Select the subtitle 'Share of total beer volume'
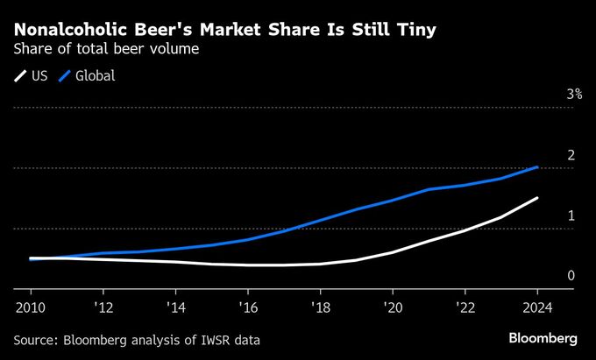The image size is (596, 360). [106, 50]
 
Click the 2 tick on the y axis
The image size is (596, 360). [571, 155]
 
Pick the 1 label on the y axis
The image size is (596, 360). [571, 215]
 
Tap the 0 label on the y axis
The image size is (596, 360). [571, 276]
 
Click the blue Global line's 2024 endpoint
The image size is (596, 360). [537, 166]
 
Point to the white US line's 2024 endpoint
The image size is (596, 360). [537, 198]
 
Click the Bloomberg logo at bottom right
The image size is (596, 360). [543, 338]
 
